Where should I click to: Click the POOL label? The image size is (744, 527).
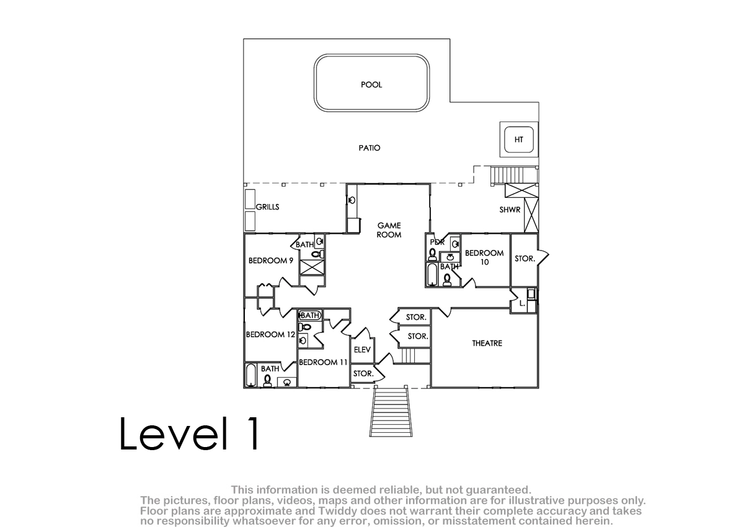[371, 85]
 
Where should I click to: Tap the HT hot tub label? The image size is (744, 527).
[518, 139]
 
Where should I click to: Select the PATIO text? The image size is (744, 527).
[370, 148]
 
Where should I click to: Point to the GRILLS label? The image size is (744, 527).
[267, 207]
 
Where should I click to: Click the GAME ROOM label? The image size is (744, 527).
[389, 230]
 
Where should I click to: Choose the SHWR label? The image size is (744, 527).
[510, 210]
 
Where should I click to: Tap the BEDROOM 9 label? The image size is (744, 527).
[271, 260]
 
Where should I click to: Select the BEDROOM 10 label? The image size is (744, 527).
[484, 257]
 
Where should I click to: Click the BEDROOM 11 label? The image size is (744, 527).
[323, 362]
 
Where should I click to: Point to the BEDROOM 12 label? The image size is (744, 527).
[270, 334]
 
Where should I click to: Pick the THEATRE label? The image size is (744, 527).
[487, 343]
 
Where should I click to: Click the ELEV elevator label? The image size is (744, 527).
[362, 350]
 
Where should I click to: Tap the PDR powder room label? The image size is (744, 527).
[437, 242]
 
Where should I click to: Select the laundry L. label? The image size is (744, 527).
[522, 303]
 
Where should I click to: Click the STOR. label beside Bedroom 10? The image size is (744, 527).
[525, 259]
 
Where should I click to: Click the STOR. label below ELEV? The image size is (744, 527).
[363, 374]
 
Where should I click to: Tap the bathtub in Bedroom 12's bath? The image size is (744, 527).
[250, 375]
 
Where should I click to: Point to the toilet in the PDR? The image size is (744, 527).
[432, 254]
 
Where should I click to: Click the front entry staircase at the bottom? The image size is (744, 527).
[391, 412]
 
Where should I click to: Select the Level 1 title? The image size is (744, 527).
[188, 433]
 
